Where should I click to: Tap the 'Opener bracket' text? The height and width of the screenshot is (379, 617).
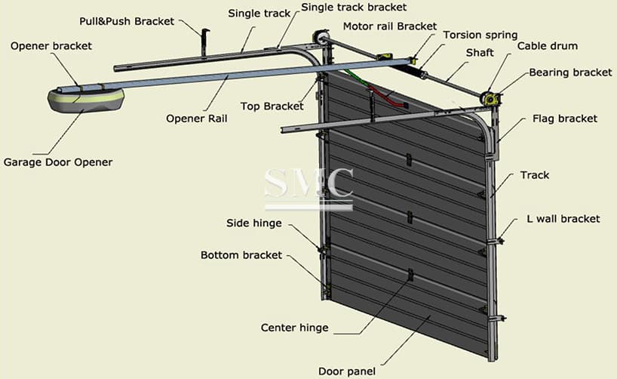click(51, 46)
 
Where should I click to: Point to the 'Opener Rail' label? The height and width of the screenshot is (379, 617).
click(196, 119)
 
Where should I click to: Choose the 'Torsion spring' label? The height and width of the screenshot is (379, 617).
click(480, 35)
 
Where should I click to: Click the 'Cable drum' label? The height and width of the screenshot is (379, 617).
click(547, 46)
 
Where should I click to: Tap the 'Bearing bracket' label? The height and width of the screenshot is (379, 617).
click(570, 72)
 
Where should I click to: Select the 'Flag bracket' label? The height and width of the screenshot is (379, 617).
click(564, 119)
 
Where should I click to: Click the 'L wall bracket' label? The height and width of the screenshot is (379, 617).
click(563, 219)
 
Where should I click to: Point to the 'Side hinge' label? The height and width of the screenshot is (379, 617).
click(254, 223)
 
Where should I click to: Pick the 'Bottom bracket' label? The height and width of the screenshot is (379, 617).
click(241, 255)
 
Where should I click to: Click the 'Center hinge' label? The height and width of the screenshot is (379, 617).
click(294, 328)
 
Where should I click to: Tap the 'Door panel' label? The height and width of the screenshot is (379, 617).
click(347, 371)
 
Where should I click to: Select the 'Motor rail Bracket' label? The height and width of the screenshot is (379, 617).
click(389, 26)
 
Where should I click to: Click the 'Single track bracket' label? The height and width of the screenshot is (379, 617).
click(354, 8)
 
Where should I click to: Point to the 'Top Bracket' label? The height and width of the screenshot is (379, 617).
click(272, 106)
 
